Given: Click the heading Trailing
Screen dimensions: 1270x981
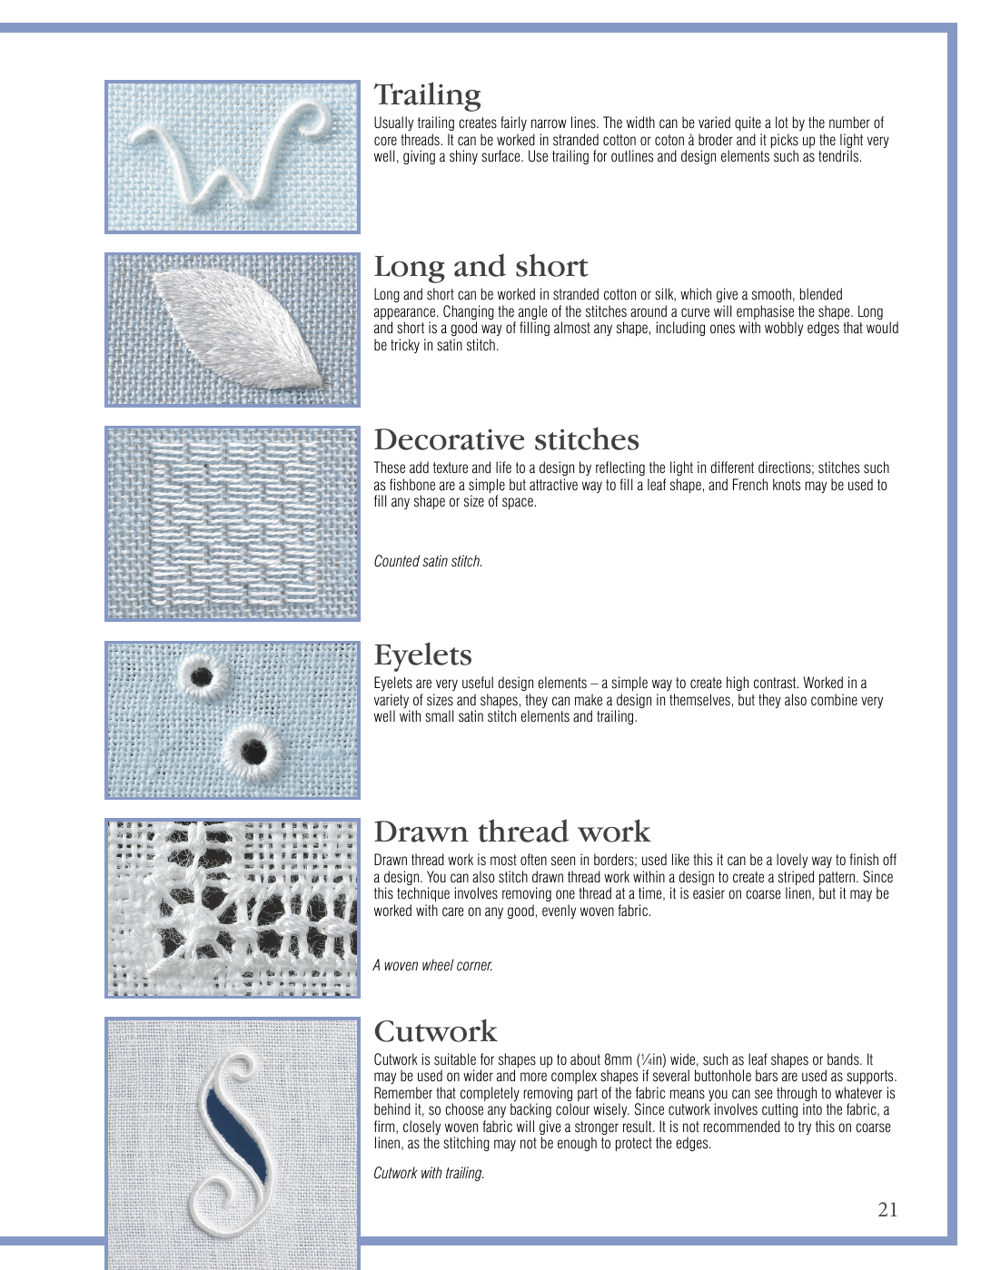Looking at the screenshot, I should click(x=427, y=94).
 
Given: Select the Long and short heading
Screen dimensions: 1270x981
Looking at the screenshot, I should click(x=481, y=267).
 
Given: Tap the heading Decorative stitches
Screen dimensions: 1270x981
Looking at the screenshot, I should click(x=506, y=440).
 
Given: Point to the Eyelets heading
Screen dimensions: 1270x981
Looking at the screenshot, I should click(x=422, y=655).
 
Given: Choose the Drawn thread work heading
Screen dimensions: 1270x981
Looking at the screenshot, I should click(x=511, y=832).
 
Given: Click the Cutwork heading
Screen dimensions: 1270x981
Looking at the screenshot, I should click(x=435, y=1031).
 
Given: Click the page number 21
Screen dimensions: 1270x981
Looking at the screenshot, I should click(x=887, y=1209).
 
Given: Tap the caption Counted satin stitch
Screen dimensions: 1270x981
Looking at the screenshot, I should click(x=428, y=562).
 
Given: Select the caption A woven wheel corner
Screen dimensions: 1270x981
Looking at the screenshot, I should click(x=433, y=966).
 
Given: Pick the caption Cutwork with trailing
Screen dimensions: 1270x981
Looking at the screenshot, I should click(x=429, y=1174).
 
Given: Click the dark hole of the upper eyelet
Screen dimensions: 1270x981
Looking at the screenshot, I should click(x=201, y=676).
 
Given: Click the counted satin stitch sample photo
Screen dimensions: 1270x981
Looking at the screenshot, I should click(x=233, y=523).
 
